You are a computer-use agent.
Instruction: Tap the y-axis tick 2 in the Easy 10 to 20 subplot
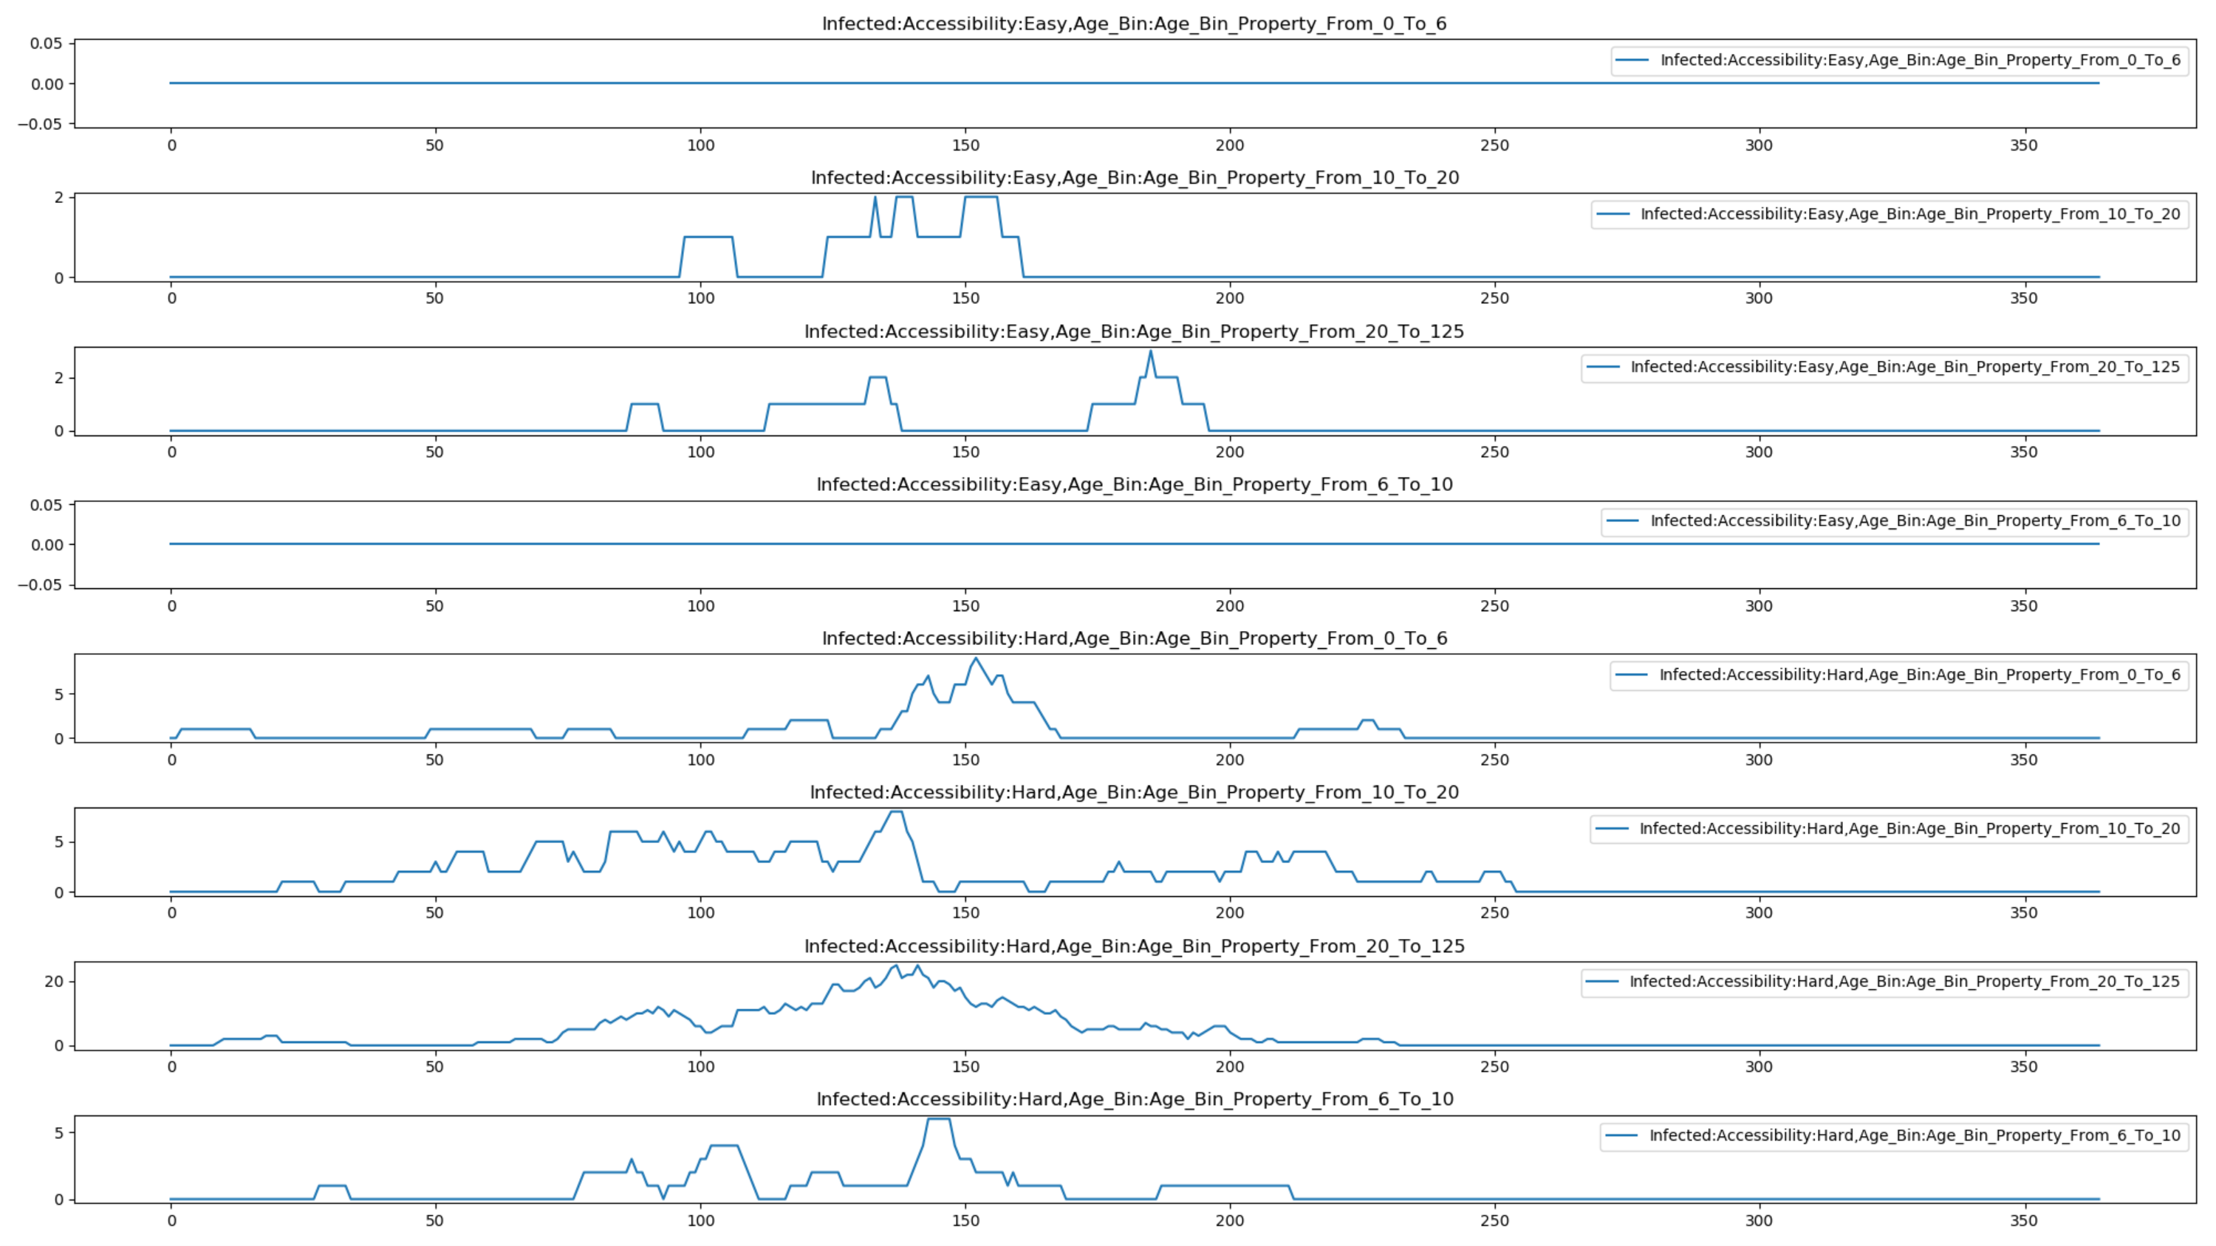[58, 198]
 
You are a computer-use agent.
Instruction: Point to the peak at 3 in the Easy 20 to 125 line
[1150, 351]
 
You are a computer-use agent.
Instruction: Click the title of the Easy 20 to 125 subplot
[1134, 332]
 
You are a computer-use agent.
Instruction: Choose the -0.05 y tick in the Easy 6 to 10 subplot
[41, 585]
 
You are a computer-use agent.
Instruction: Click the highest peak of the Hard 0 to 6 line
[976, 658]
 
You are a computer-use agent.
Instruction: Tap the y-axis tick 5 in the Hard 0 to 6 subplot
[58, 694]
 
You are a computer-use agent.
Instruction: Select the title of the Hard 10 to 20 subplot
[1134, 793]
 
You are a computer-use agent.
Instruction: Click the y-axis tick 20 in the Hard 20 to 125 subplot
[53, 981]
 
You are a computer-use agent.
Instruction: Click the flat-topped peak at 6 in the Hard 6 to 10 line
[939, 1120]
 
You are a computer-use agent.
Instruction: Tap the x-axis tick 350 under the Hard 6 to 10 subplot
[2023, 1220]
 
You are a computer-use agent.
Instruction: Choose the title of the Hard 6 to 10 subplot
[1134, 1100]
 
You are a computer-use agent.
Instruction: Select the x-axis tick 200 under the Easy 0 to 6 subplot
[1229, 145]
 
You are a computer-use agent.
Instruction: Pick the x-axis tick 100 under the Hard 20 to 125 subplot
[700, 1067]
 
